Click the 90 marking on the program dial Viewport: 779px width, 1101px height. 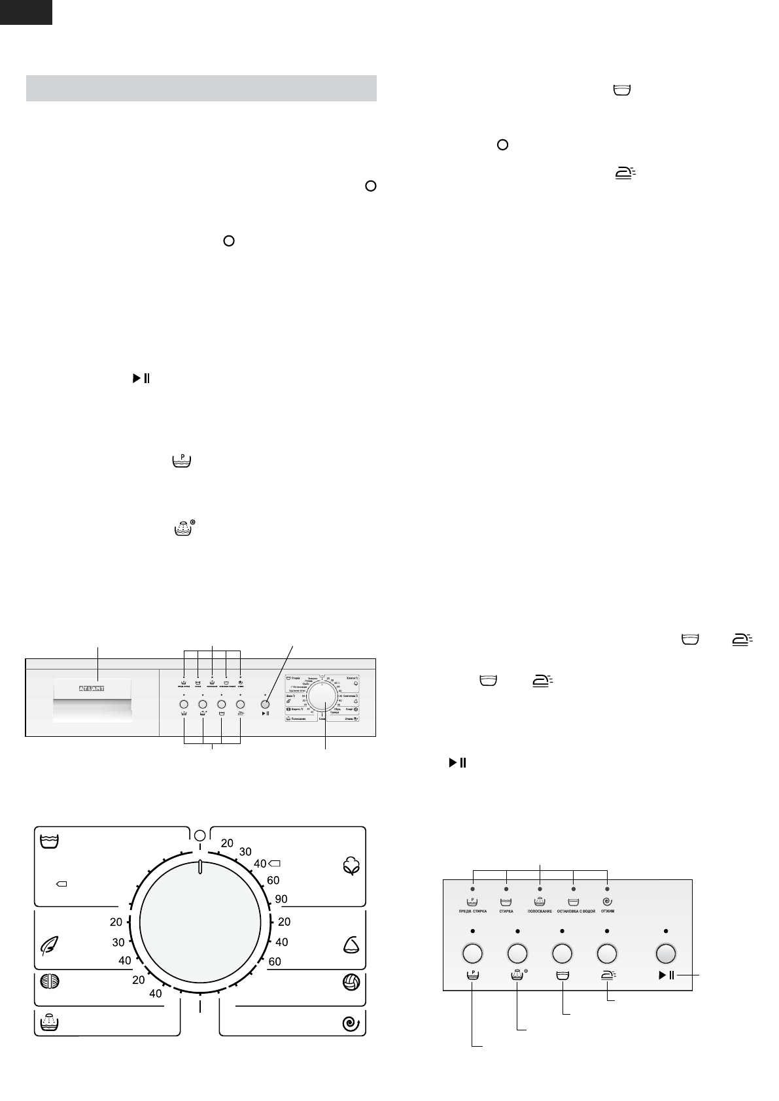tap(281, 899)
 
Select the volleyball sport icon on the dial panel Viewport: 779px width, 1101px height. tap(352, 983)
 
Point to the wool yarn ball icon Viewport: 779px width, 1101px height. tap(50, 983)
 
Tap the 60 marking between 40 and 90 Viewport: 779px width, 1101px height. tap(273, 881)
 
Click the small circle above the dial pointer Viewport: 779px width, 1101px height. tap(200, 835)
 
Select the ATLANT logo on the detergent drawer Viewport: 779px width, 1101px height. tap(92, 688)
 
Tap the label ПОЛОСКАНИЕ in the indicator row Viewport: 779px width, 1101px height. tap(540, 911)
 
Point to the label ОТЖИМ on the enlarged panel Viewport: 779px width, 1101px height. tap(608, 911)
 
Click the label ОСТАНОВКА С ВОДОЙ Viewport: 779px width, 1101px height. tap(574, 911)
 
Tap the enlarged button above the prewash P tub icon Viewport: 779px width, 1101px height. tap(472, 953)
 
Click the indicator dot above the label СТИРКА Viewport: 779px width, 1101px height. tap(506, 889)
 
